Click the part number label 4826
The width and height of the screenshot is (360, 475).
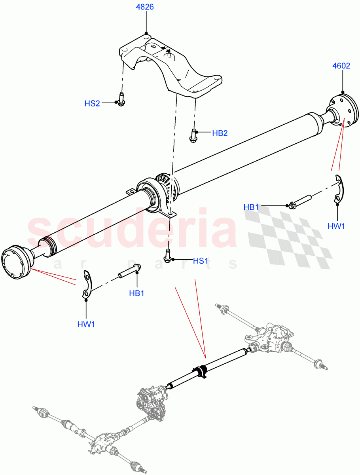tap(146, 7)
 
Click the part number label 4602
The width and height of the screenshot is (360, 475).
tap(341, 66)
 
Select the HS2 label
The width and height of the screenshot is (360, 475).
tap(92, 103)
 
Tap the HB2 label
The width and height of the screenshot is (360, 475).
tap(220, 133)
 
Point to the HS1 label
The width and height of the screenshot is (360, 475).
tap(201, 261)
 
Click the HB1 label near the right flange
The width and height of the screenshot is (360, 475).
tap(251, 207)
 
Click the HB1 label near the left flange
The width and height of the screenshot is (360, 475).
tap(136, 293)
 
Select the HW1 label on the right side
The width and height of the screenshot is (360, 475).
tap(337, 226)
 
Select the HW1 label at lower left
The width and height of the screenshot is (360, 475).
tap(86, 324)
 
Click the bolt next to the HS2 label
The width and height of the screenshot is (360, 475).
tap(121, 99)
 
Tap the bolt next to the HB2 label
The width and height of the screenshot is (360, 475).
tap(193, 135)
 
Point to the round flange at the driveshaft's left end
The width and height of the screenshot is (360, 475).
tap(16, 263)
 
